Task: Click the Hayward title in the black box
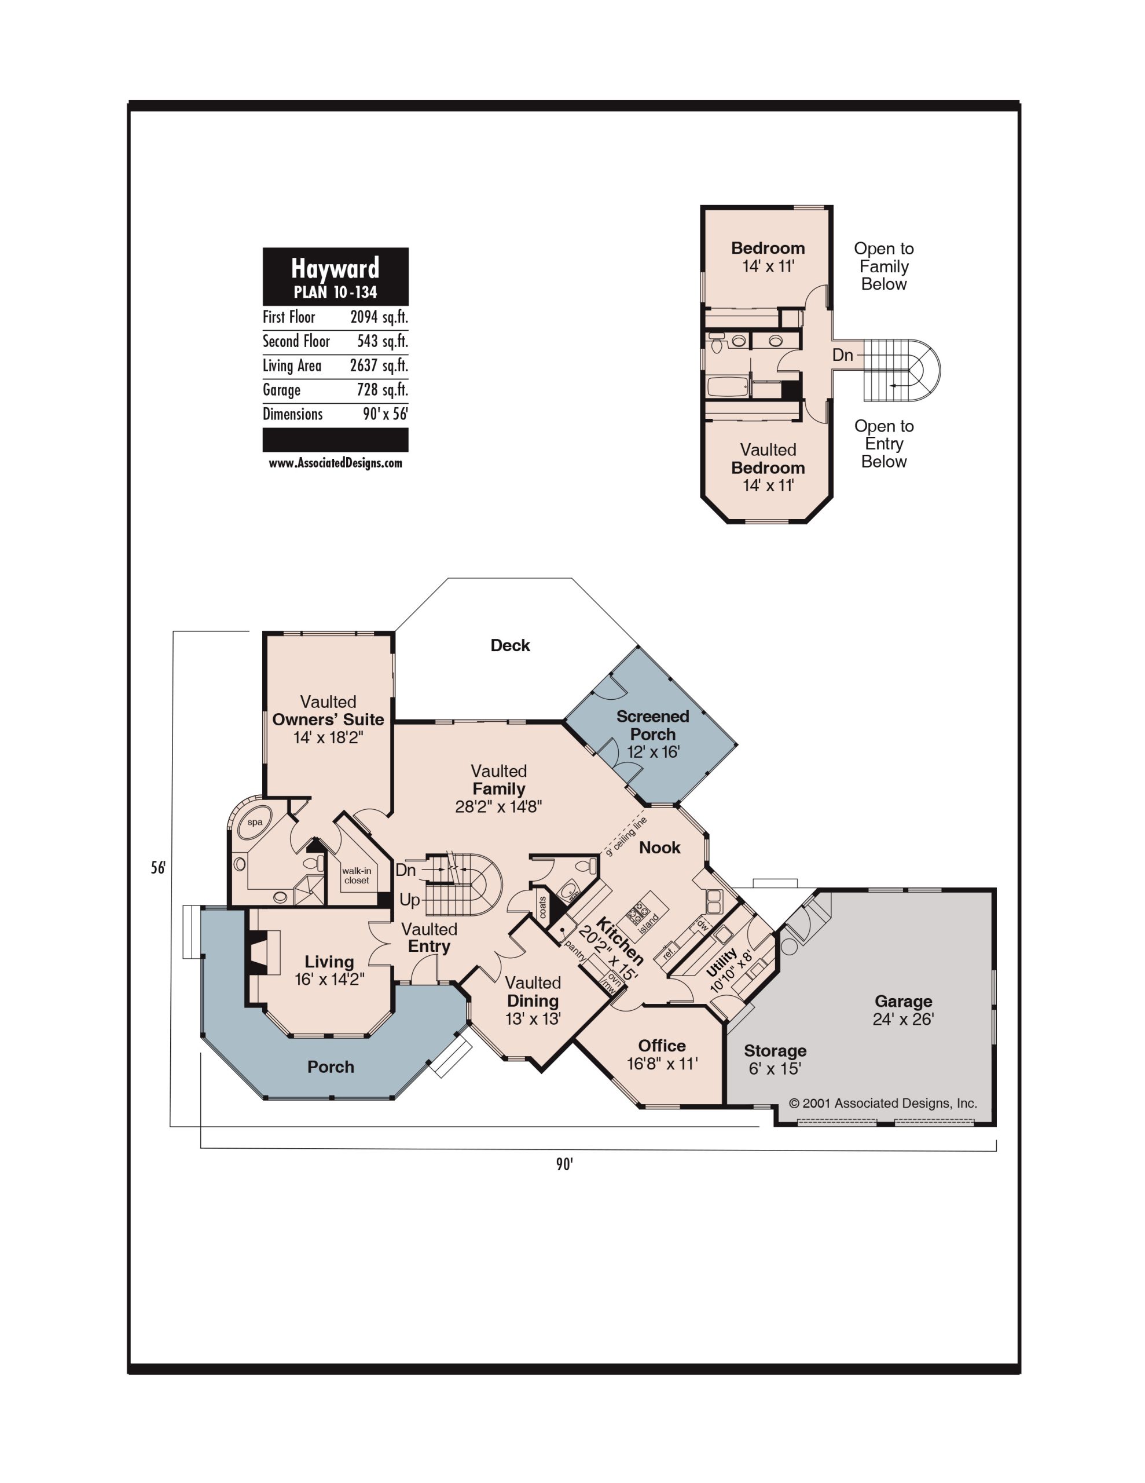click(335, 269)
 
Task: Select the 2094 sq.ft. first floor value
click(379, 317)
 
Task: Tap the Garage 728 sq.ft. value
click(382, 390)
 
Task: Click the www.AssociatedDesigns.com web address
click(335, 463)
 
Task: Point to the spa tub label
click(255, 822)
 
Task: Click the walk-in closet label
click(357, 875)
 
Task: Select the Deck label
click(511, 645)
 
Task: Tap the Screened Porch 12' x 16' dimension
click(653, 752)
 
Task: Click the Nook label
click(660, 848)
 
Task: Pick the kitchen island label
click(649, 922)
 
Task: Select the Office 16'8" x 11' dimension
click(662, 1064)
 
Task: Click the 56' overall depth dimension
click(158, 867)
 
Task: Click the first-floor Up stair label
click(409, 900)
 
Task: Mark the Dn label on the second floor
click(842, 355)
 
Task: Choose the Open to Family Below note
click(884, 266)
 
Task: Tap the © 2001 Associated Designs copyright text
click(883, 1104)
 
